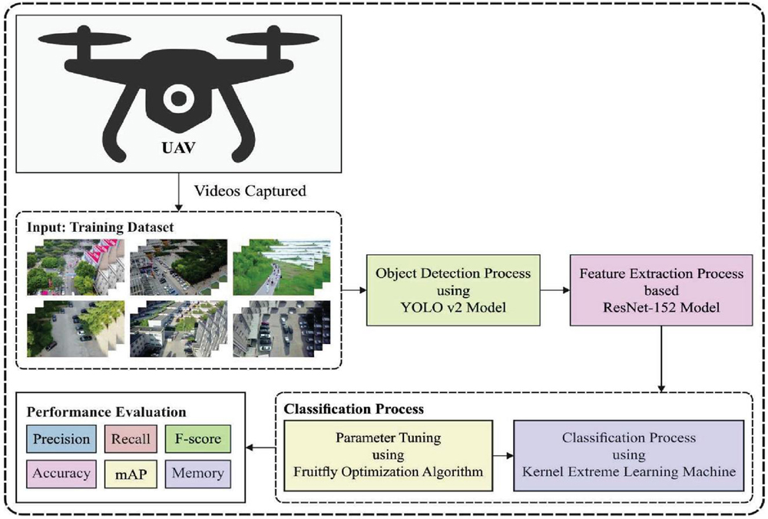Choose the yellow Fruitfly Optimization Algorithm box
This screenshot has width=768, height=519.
point(389,455)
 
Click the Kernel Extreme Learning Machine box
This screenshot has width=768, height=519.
point(629,455)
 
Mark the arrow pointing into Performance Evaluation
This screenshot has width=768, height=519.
point(259,448)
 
